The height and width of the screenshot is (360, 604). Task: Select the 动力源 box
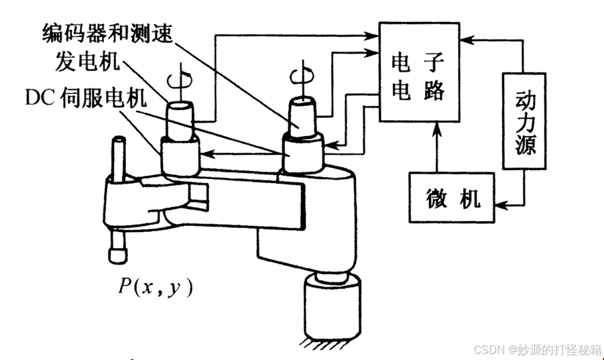[522, 121]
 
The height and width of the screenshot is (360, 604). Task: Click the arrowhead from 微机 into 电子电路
[436, 127]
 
